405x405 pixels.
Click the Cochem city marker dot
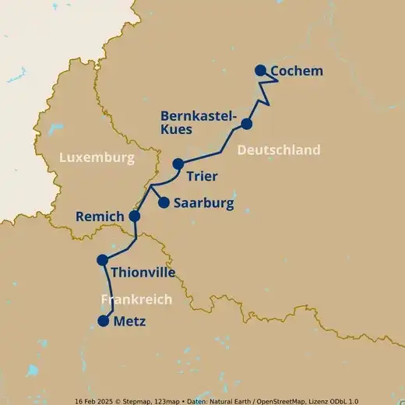click(x=260, y=70)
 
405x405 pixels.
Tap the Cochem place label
click(x=296, y=72)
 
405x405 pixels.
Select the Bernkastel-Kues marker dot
click(x=247, y=124)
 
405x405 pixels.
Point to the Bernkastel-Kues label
click(x=198, y=122)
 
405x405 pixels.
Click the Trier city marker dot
click(x=178, y=164)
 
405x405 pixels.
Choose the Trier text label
click(x=202, y=176)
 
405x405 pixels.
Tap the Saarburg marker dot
click(x=164, y=202)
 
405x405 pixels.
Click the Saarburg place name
click(x=203, y=204)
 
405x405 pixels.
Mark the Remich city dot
click(x=134, y=216)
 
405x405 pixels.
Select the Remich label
click(x=100, y=216)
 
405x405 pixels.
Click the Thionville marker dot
click(x=102, y=260)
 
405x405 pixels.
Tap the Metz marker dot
click(x=103, y=321)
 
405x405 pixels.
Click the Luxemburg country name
click(x=97, y=158)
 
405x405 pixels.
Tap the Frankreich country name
click(x=136, y=299)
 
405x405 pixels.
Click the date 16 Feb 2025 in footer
click(x=97, y=400)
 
